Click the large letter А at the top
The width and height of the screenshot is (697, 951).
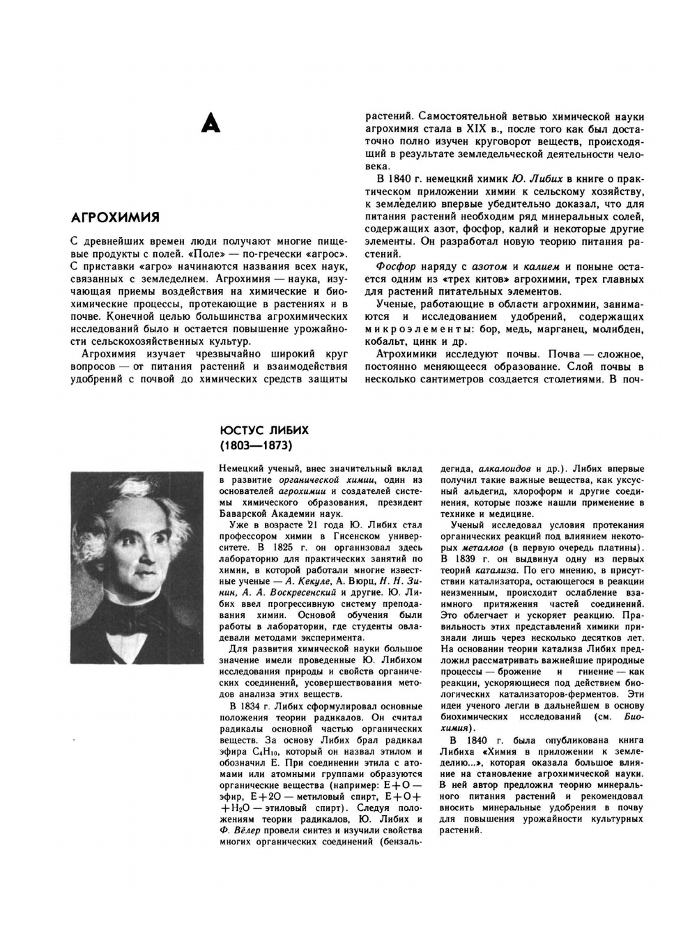pyautogui.click(x=210, y=123)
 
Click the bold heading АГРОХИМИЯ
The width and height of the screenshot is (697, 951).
pyautogui.click(x=115, y=217)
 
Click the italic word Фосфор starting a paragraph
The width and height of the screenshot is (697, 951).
pyautogui.click(x=395, y=266)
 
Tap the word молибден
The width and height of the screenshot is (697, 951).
pyautogui.click(x=618, y=329)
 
